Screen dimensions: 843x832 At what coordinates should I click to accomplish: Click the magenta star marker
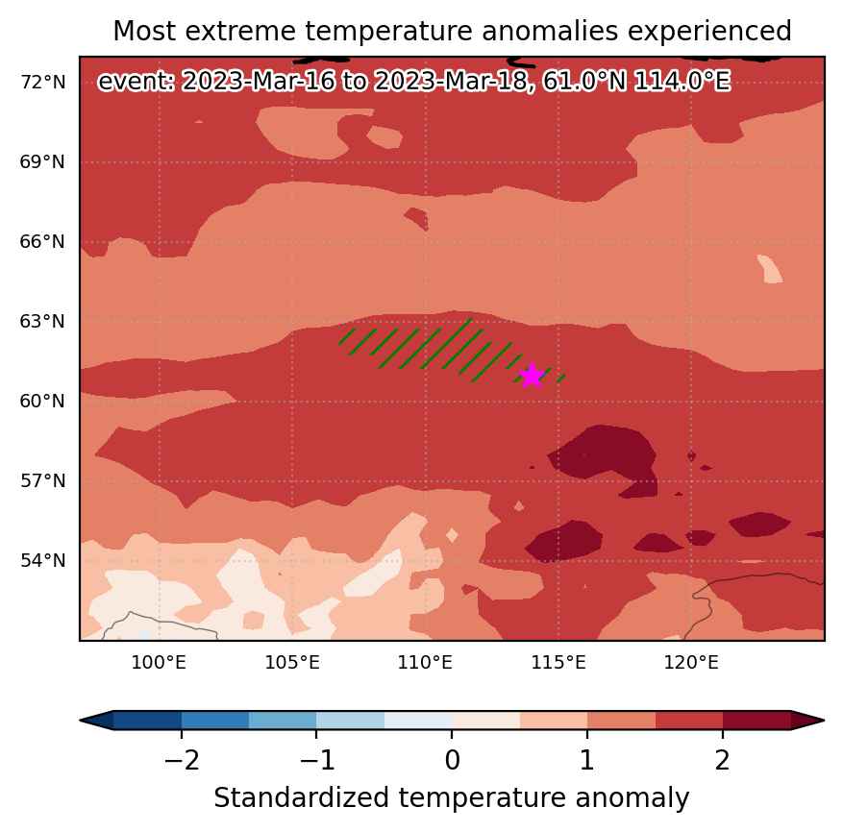tap(532, 375)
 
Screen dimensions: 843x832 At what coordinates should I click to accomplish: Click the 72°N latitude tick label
tap(43, 83)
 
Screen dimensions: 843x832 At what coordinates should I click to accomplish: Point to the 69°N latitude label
tap(42, 161)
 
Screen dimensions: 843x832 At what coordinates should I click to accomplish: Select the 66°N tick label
tap(42, 242)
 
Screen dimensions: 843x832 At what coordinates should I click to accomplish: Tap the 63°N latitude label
tap(42, 322)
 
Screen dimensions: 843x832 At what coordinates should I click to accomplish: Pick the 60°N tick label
tap(42, 401)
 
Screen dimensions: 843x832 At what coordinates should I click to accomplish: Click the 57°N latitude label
tap(43, 480)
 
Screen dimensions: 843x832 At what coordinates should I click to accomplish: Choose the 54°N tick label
tap(43, 560)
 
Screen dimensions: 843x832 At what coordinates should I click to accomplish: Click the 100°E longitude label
tap(159, 662)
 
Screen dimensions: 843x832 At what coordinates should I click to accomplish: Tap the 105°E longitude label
tap(292, 662)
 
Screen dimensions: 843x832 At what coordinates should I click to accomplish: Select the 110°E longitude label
tap(425, 662)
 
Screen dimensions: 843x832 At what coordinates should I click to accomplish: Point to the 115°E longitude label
tap(558, 662)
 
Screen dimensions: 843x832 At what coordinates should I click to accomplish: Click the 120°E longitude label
tap(691, 662)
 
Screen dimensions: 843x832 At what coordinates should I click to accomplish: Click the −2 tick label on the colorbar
tap(182, 760)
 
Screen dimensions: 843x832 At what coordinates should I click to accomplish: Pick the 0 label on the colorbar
tap(452, 760)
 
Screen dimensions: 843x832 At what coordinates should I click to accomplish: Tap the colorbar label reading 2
tap(723, 760)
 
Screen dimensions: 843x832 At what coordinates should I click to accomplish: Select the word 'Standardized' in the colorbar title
tap(301, 797)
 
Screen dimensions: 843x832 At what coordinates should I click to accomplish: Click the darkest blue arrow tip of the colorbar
tap(82, 721)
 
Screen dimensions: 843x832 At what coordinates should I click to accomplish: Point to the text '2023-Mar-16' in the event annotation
tap(259, 82)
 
